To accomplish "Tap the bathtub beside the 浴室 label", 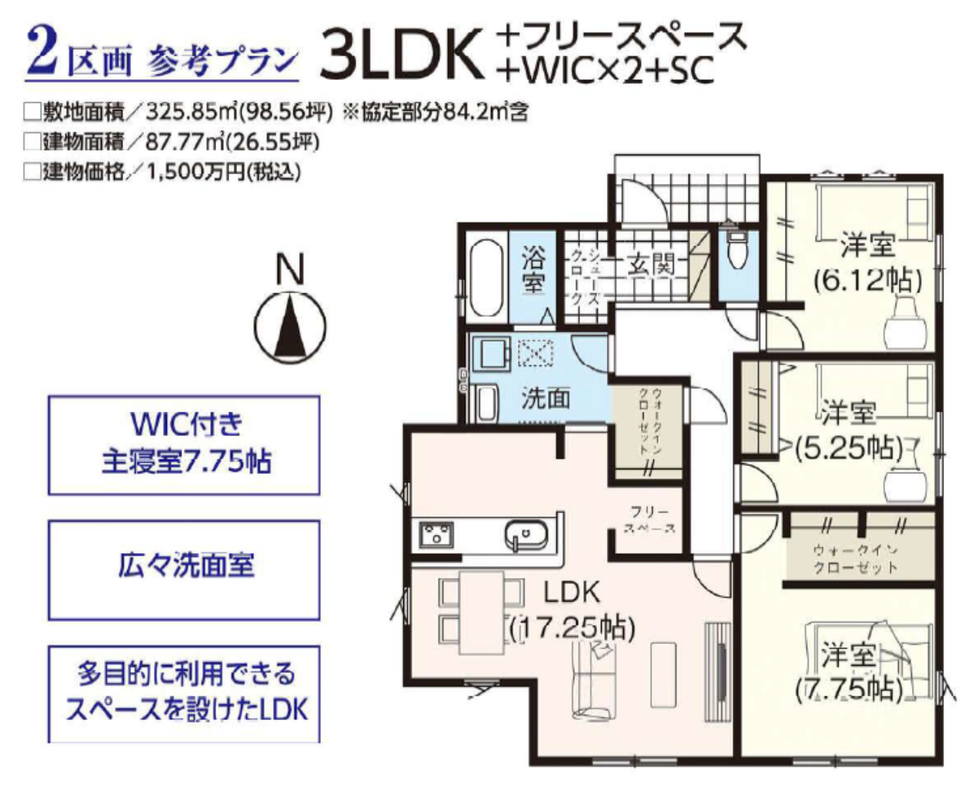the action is [486, 278].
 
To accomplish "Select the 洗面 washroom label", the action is [545, 398].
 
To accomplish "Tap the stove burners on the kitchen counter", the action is [436, 534].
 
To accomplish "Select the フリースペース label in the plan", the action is [650, 520].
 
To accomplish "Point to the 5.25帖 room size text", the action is [849, 448].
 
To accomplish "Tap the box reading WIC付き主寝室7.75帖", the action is [184, 445].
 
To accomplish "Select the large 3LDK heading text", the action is [402, 54].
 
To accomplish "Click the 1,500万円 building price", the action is [195, 172].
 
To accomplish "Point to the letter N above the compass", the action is [290, 269].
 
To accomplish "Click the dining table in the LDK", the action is [482, 612].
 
